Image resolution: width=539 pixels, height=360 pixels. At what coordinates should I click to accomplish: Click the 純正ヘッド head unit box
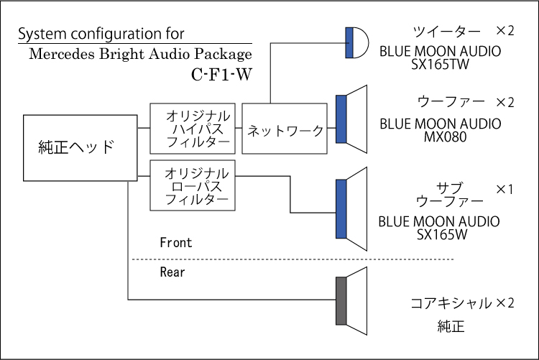click(x=80, y=148)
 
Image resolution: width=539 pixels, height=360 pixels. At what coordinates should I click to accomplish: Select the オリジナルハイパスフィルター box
click(x=193, y=129)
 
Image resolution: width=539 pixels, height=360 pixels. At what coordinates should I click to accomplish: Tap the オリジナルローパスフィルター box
click(x=193, y=185)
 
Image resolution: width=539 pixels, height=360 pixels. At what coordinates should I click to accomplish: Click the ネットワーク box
click(x=285, y=129)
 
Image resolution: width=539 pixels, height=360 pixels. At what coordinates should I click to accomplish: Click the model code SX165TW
click(x=440, y=64)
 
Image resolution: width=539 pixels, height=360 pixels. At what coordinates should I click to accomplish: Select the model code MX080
click(x=445, y=137)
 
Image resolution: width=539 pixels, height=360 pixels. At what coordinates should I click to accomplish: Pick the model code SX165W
click(x=442, y=234)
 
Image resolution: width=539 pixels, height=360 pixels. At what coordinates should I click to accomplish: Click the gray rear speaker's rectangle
click(x=341, y=300)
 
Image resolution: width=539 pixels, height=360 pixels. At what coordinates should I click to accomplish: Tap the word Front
click(x=175, y=243)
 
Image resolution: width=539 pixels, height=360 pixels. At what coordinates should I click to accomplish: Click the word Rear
click(x=172, y=272)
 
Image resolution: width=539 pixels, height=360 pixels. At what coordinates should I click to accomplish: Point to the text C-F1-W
click(x=222, y=74)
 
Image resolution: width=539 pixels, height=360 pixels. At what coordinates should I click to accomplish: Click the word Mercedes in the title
click(x=62, y=54)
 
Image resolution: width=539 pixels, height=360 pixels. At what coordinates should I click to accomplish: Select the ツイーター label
click(x=446, y=32)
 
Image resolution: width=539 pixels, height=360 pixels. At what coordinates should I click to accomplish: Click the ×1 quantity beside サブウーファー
click(x=505, y=189)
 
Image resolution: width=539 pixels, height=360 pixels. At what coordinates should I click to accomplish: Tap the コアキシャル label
click(x=451, y=303)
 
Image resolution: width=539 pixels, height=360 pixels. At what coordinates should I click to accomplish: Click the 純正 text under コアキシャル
click(x=451, y=326)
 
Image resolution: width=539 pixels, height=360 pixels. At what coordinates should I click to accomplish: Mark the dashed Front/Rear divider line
click(x=293, y=259)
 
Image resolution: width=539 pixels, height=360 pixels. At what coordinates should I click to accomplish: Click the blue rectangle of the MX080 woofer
click(x=341, y=119)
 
